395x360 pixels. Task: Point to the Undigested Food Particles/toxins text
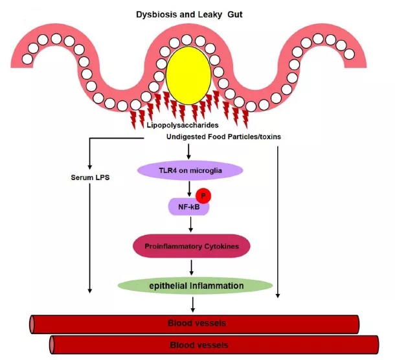(x=216, y=137)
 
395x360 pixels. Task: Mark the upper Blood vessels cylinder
(x=194, y=322)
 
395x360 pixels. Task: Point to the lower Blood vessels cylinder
(x=214, y=344)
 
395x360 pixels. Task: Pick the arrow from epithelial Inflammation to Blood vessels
(x=192, y=302)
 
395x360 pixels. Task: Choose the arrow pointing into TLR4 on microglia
(x=188, y=152)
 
